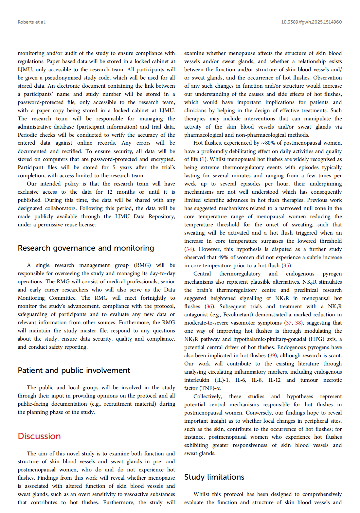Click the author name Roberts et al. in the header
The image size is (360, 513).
(32, 22)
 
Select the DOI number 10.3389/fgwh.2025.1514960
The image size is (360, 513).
(311, 22)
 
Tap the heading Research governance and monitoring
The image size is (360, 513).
(86, 248)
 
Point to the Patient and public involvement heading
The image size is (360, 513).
(74, 371)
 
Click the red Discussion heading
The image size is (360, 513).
(39, 436)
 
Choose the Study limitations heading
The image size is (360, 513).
(214, 477)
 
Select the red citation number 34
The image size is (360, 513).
(189, 249)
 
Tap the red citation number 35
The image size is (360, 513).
(286, 266)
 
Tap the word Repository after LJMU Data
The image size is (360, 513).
(162, 217)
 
